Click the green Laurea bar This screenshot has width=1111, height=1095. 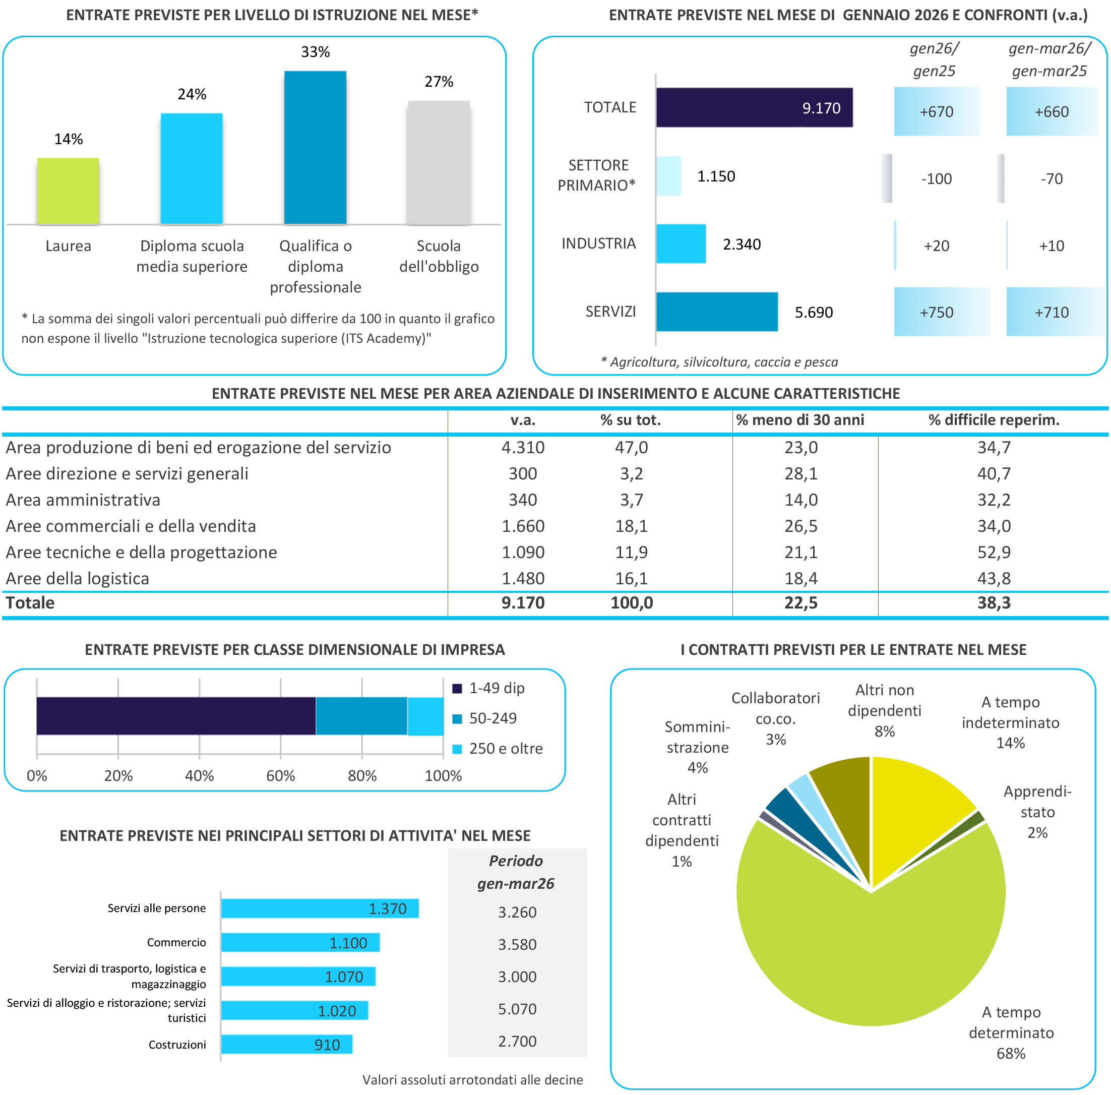point(68,191)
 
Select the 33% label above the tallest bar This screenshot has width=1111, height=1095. point(315,52)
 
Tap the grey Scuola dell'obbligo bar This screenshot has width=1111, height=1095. point(439,163)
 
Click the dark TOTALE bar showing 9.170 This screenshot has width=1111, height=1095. point(754,107)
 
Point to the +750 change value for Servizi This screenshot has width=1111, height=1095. point(936,312)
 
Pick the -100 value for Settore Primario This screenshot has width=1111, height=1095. point(936,179)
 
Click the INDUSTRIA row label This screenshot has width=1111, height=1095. point(599,244)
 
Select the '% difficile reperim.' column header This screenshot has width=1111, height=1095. point(994,420)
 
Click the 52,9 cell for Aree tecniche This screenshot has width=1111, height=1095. point(994,552)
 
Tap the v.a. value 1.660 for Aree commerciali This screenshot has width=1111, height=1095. point(523,526)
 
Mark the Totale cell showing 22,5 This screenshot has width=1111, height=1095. point(800,603)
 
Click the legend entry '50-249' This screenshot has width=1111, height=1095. point(492,718)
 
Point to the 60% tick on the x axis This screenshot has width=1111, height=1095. point(281,776)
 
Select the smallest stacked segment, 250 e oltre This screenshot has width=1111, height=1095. point(425,716)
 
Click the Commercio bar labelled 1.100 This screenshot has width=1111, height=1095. point(300,943)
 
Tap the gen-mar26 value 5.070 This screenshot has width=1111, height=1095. point(517,1009)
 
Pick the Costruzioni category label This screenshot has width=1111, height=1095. point(177,1045)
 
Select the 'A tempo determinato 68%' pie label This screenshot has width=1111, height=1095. point(1011,1032)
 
